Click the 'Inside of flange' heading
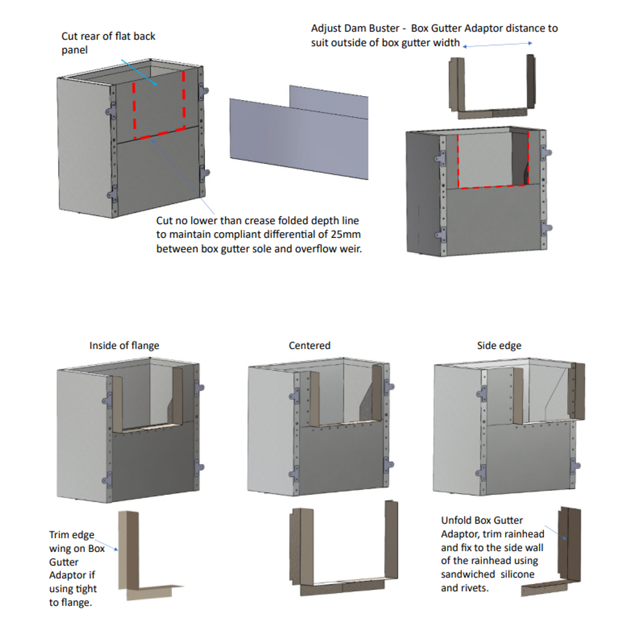click(124, 345)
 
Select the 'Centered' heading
click(309, 345)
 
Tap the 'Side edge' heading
click(499, 345)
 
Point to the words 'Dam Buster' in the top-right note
click(372, 28)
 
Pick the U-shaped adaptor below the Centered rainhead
click(344, 552)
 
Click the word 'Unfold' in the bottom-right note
click(456, 520)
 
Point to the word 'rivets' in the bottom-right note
click(474, 588)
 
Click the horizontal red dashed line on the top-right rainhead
click(493, 186)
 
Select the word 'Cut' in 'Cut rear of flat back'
click(69, 36)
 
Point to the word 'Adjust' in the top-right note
click(326, 28)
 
